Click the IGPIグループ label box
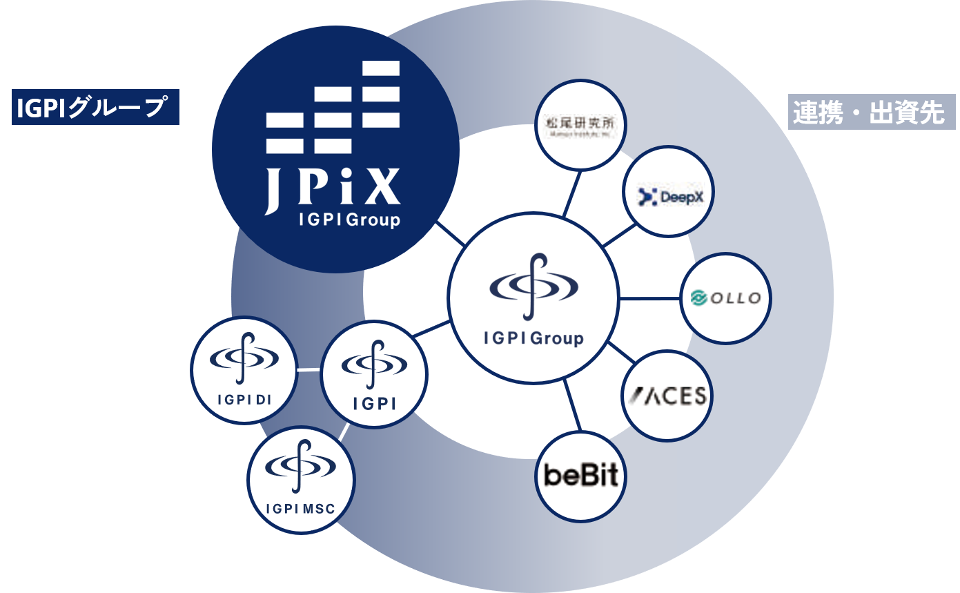[95, 107]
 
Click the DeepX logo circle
[667, 197]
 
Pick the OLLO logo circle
[725, 298]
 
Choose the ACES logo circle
[667, 395]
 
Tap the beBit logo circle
[581, 475]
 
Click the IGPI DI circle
[244, 369]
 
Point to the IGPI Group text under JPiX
[349, 220]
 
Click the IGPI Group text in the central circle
[533, 338]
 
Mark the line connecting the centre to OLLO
[649, 299]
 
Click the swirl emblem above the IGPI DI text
[244, 356]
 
